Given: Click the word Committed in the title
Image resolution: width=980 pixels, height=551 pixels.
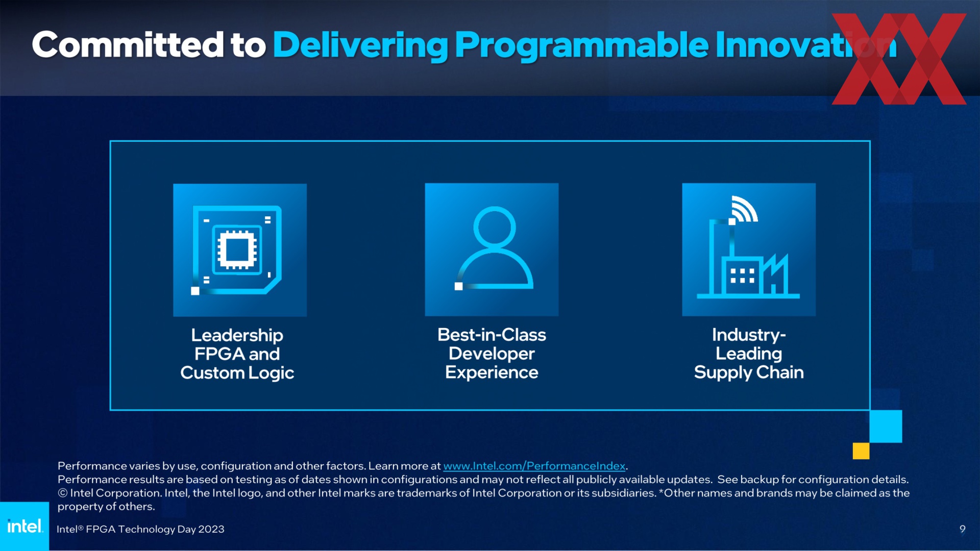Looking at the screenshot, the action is click(x=128, y=45).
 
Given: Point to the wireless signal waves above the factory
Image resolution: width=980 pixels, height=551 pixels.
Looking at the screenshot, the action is click(x=745, y=209).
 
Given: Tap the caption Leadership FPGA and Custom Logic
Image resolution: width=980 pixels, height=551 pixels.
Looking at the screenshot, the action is click(x=237, y=354).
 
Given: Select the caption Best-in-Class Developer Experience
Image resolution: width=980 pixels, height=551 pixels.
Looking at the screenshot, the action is click(x=492, y=354).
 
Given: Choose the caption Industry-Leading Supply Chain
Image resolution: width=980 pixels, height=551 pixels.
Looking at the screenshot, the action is click(x=749, y=354).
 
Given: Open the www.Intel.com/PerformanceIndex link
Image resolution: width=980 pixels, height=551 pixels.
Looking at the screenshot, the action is click(x=534, y=466).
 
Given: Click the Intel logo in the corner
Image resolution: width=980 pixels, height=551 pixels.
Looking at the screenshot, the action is click(x=24, y=526).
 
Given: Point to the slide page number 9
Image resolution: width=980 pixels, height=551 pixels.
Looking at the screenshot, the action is click(x=962, y=529).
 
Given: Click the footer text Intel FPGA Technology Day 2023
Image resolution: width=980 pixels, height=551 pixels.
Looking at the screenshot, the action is click(x=140, y=529).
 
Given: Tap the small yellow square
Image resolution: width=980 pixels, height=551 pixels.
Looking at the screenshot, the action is click(x=861, y=451).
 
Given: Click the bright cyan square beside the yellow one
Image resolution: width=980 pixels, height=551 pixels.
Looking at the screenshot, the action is click(x=886, y=426).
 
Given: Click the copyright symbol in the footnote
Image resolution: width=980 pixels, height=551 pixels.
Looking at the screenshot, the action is click(x=62, y=493).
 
